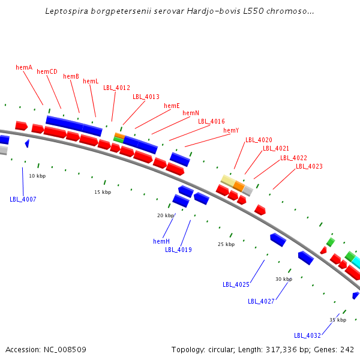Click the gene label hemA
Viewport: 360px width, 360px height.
click(24, 68)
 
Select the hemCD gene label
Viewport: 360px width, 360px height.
click(47, 72)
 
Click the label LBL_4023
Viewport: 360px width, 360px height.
click(310, 167)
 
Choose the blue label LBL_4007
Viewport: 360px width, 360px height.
click(23, 199)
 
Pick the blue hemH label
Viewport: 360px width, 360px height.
click(161, 241)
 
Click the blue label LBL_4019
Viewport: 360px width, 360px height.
click(178, 250)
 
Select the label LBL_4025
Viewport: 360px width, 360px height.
click(236, 284)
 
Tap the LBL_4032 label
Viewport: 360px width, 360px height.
click(307, 335)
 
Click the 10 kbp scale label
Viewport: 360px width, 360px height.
click(37, 176)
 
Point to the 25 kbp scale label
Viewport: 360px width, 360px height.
click(226, 244)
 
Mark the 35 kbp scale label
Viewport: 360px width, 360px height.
click(338, 320)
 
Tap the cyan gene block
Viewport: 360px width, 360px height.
click(356, 262)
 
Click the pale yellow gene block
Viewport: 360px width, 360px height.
click(228, 180)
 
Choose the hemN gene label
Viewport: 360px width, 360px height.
click(191, 113)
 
